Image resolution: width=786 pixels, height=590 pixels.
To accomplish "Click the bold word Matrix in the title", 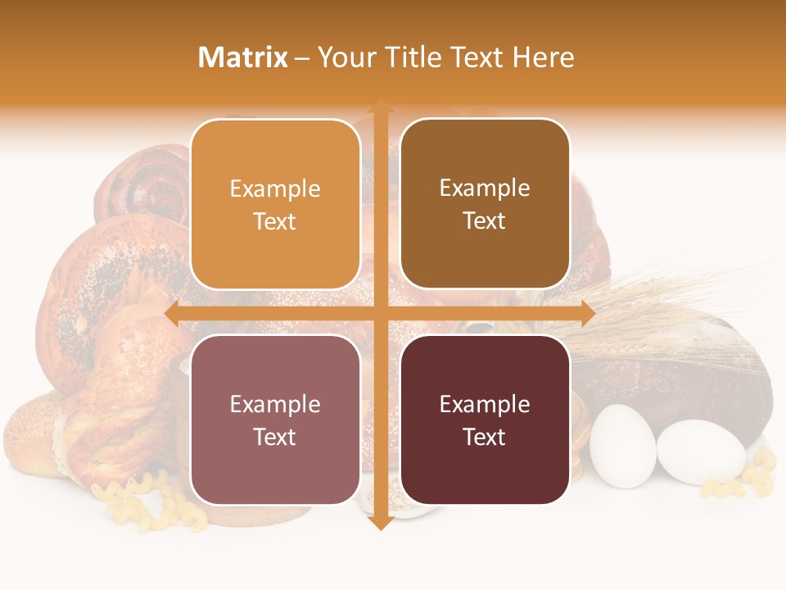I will pyautogui.click(x=242, y=57).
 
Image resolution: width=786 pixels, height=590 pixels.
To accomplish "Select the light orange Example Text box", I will pyautogui.click(x=275, y=204).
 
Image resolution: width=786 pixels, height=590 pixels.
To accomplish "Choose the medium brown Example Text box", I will pyautogui.click(x=485, y=204).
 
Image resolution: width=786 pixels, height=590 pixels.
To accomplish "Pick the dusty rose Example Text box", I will pyautogui.click(x=275, y=420).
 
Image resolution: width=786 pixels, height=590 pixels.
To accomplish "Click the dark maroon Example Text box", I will pyautogui.click(x=485, y=420).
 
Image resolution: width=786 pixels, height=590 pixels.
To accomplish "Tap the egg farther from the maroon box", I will pyautogui.click(x=701, y=451).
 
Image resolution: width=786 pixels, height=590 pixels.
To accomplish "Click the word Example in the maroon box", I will pyautogui.click(x=485, y=404).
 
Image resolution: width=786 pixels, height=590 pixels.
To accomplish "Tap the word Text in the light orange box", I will pyautogui.click(x=275, y=221).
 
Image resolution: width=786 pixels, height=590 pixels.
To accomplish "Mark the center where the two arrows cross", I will pyautogui.click(x=380, y=313).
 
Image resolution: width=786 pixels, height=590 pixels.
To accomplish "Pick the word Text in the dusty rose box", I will pyautogui.click(x=275, y=437).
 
